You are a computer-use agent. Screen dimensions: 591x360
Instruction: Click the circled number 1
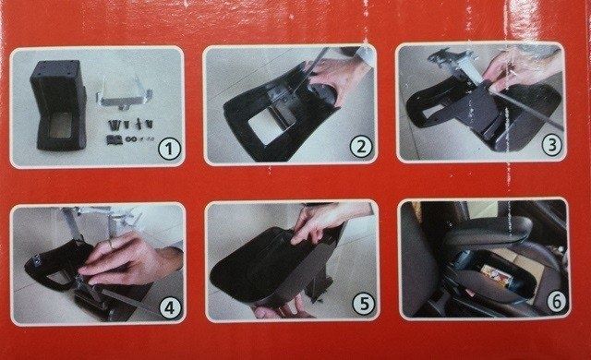coord(169,150)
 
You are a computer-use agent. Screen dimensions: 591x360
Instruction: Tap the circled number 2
coord(361,147)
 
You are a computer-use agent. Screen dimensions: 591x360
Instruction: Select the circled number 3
coord(552,145)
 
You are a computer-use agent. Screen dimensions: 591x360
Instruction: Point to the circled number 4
coord(170,308)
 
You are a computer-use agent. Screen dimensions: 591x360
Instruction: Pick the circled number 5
coord(363,304)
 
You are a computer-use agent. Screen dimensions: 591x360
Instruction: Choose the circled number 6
coord(556,302)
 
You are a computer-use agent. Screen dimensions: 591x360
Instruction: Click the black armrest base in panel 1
coord(58,105)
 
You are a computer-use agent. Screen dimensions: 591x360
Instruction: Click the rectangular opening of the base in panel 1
coord(61,125)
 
